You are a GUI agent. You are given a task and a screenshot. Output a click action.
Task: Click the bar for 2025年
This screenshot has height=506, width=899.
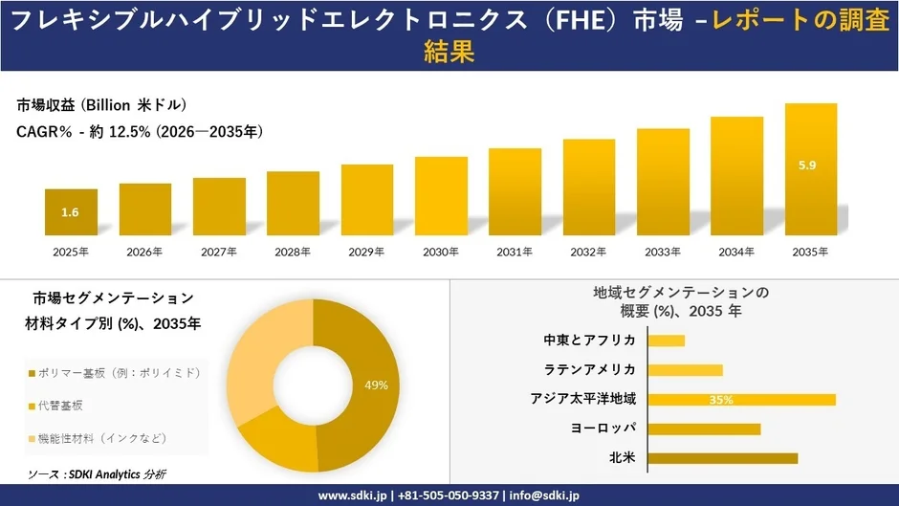71,212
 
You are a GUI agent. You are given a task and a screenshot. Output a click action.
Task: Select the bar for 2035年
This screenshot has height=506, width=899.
811,169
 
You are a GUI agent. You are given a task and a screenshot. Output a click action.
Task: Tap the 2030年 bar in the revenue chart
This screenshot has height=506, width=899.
441,196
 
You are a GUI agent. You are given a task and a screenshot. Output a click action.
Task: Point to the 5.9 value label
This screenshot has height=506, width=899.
807,166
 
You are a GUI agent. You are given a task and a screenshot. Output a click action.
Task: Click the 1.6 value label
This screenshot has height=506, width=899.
70,212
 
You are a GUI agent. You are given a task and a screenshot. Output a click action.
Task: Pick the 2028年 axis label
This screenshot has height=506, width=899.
293,252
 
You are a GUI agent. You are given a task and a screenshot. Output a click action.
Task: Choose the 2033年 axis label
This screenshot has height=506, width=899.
663,252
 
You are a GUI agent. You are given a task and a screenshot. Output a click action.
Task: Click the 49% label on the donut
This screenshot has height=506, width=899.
376,385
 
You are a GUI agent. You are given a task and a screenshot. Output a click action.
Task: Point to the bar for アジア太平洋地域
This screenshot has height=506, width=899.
741,399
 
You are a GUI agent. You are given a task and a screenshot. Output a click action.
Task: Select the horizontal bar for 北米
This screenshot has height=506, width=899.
722,458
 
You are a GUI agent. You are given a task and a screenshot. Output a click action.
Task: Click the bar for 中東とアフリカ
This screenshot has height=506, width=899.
667,341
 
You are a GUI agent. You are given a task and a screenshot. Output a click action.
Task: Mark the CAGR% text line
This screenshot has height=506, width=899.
140,132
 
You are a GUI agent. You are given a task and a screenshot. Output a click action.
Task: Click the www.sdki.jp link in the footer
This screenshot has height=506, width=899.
351,495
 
